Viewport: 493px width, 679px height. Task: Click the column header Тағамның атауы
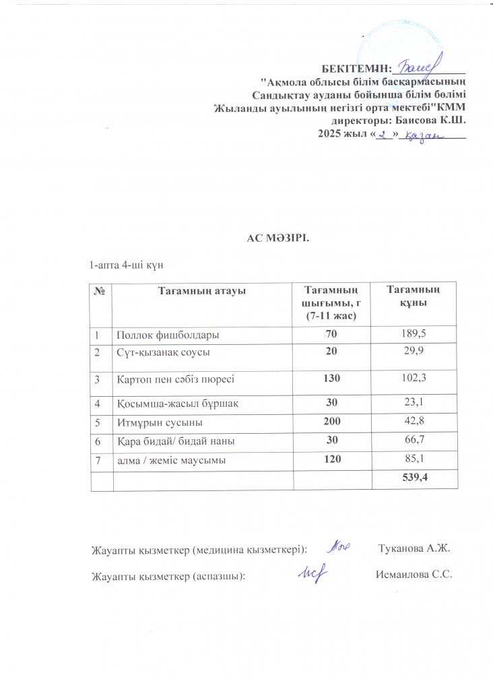click(x=201, y=291)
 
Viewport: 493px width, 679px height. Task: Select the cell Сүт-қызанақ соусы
click(x=165, y=352)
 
